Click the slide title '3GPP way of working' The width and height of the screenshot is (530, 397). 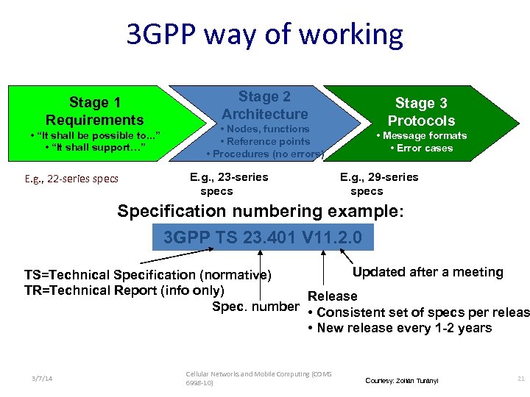tap(265, 35)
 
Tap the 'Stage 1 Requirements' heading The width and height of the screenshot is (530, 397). tap(95, 111)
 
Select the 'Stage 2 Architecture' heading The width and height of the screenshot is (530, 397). tap(265, 105)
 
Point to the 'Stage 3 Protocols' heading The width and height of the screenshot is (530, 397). tap(421, 112)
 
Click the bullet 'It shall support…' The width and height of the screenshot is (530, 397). tap(95, 148)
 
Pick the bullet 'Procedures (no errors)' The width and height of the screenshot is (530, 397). tap(265, 154)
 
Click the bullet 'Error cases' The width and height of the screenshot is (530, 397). tap(421, 148)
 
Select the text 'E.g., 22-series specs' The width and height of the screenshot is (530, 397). tap(71, 179)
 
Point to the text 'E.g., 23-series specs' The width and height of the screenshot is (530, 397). tap(228, 184)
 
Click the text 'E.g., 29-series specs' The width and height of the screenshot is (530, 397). tap(378, 184)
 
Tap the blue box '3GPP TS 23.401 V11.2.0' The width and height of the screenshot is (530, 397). tap(262, 237)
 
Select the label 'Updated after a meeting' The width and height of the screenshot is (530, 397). tap(428, 272)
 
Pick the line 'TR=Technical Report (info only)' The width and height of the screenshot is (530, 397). tap(124, 290)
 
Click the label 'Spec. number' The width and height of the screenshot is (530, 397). tap(255, 306)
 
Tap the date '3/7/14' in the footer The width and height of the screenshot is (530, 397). tap(42, 378)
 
